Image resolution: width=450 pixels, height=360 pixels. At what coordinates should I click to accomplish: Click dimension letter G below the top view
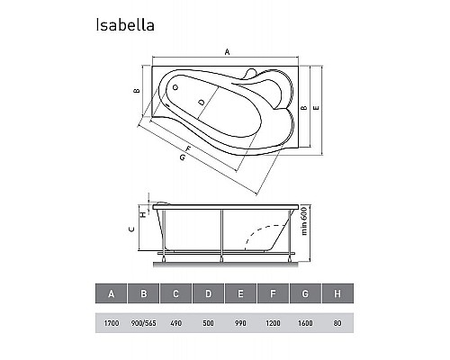point(182,159)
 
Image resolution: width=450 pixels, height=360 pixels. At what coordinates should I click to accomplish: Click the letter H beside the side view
point(141,213)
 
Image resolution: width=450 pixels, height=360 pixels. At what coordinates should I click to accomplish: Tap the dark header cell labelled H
point(337,293)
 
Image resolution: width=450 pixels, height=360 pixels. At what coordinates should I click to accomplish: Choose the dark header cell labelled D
point(208,293)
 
